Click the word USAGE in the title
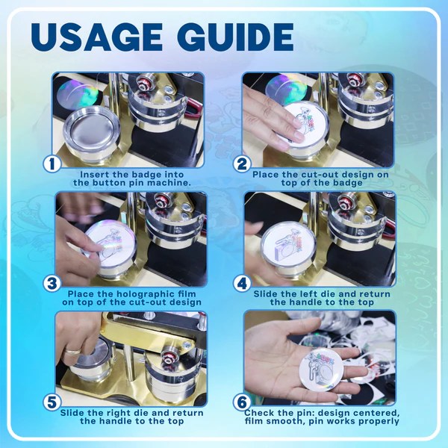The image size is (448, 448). click(x=97, y=37)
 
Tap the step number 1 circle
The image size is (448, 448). click(x=52, y=164)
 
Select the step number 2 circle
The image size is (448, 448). click(x=242, y=164)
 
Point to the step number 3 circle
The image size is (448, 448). click(x=52, y=284)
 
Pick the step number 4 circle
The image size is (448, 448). click(x=242, y=284)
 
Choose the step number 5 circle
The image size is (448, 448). click(x=52, y=402)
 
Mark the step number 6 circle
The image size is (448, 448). click(x=242, y=402)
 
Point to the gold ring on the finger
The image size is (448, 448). click(x=72, y=351)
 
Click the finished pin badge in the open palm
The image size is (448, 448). click(x=320, y=369)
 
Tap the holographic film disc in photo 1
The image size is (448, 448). click(x=77, y=93)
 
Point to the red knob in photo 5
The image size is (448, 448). click(x=169, y=355)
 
